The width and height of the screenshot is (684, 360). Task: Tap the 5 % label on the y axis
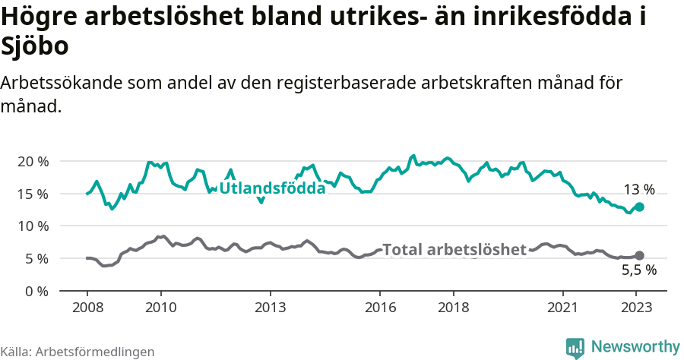pos(37,258)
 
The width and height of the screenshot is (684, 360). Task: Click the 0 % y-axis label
pos(37,291)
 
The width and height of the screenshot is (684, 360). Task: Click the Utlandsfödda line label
pos(272,188)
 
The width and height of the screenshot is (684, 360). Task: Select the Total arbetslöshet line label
pos(454,250)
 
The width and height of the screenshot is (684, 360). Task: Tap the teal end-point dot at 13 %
pos(639,207)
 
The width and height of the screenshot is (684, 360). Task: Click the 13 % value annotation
pos(638,190)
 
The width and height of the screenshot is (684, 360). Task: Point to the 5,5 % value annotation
pos(638,270)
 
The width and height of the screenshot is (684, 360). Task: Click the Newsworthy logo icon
pos(575,347)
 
